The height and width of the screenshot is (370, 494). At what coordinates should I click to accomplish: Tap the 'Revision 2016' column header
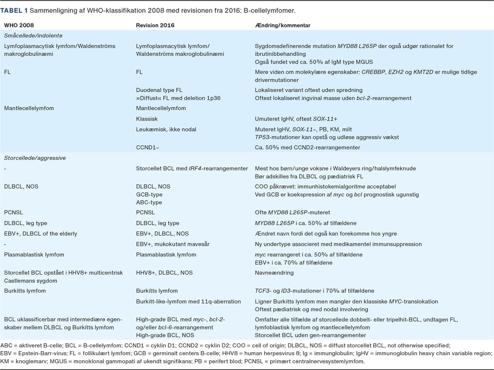[155, 25]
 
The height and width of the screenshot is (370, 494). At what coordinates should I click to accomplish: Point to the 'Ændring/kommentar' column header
[282, 25]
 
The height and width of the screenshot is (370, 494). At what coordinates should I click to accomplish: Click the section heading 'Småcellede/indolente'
[33, 36]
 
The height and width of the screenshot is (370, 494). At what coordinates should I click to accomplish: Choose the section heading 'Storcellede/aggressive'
[35, 158]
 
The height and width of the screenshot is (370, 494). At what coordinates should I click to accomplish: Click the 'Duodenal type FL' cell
[159, 90]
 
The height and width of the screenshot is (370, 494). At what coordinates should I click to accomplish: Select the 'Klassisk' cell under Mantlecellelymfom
[147, 118]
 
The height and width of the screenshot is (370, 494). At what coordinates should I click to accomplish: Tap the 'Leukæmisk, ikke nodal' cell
[166, 129]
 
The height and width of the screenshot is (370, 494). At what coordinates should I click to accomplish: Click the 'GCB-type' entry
[149, 194]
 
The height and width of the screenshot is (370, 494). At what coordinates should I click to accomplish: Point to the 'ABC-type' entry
[149, 202]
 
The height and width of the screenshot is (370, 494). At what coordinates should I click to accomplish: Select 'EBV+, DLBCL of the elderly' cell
[40, 234]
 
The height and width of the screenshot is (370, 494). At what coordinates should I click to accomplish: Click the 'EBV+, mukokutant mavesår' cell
[172, 244]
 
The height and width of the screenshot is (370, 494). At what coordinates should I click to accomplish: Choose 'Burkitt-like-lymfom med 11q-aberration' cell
[188, 301]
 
